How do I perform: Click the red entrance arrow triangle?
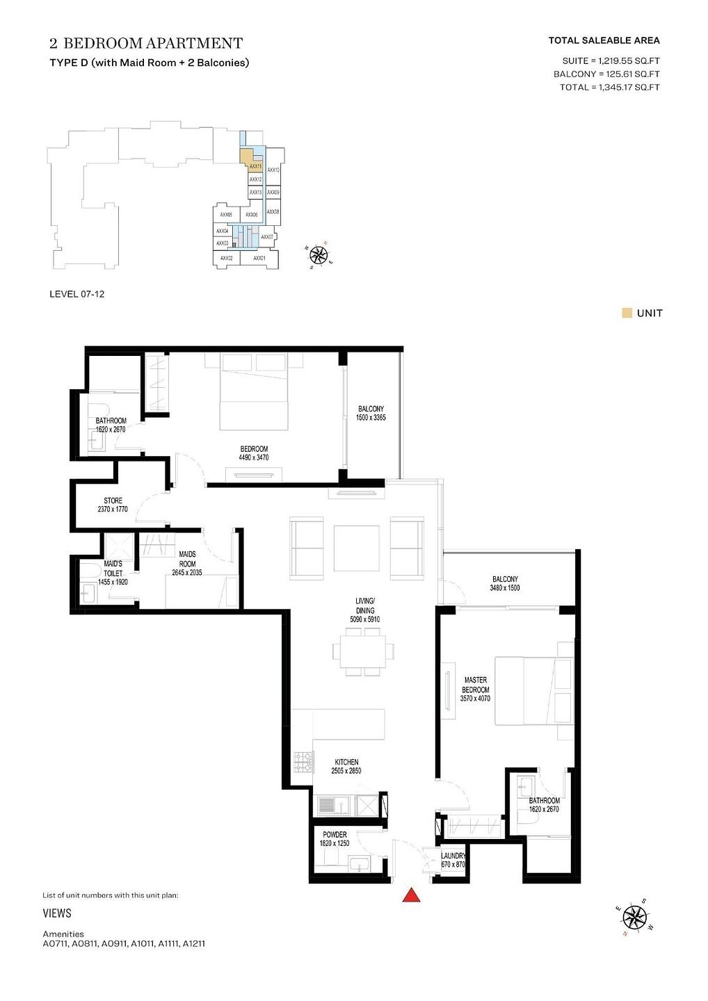coord(411,895)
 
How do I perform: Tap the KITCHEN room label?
coord(346,762)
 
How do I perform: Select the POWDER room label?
coord(335,834)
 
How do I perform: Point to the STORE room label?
coord(113,500)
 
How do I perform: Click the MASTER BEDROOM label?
coord(476,685)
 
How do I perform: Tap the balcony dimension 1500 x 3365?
coord(371,418)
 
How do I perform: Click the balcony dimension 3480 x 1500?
coord(505,588)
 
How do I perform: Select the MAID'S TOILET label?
coord(113,569)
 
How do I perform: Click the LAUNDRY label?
coord(453,856)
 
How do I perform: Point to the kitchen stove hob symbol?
coord(303,762)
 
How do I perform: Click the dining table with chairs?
coord(363,651)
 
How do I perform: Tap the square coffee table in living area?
coord(357,548)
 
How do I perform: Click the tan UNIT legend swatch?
coord(627,313)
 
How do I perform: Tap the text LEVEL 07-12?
coord(77,294)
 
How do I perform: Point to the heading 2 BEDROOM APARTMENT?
coord(146,43)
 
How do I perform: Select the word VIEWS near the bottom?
coord(57,913)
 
